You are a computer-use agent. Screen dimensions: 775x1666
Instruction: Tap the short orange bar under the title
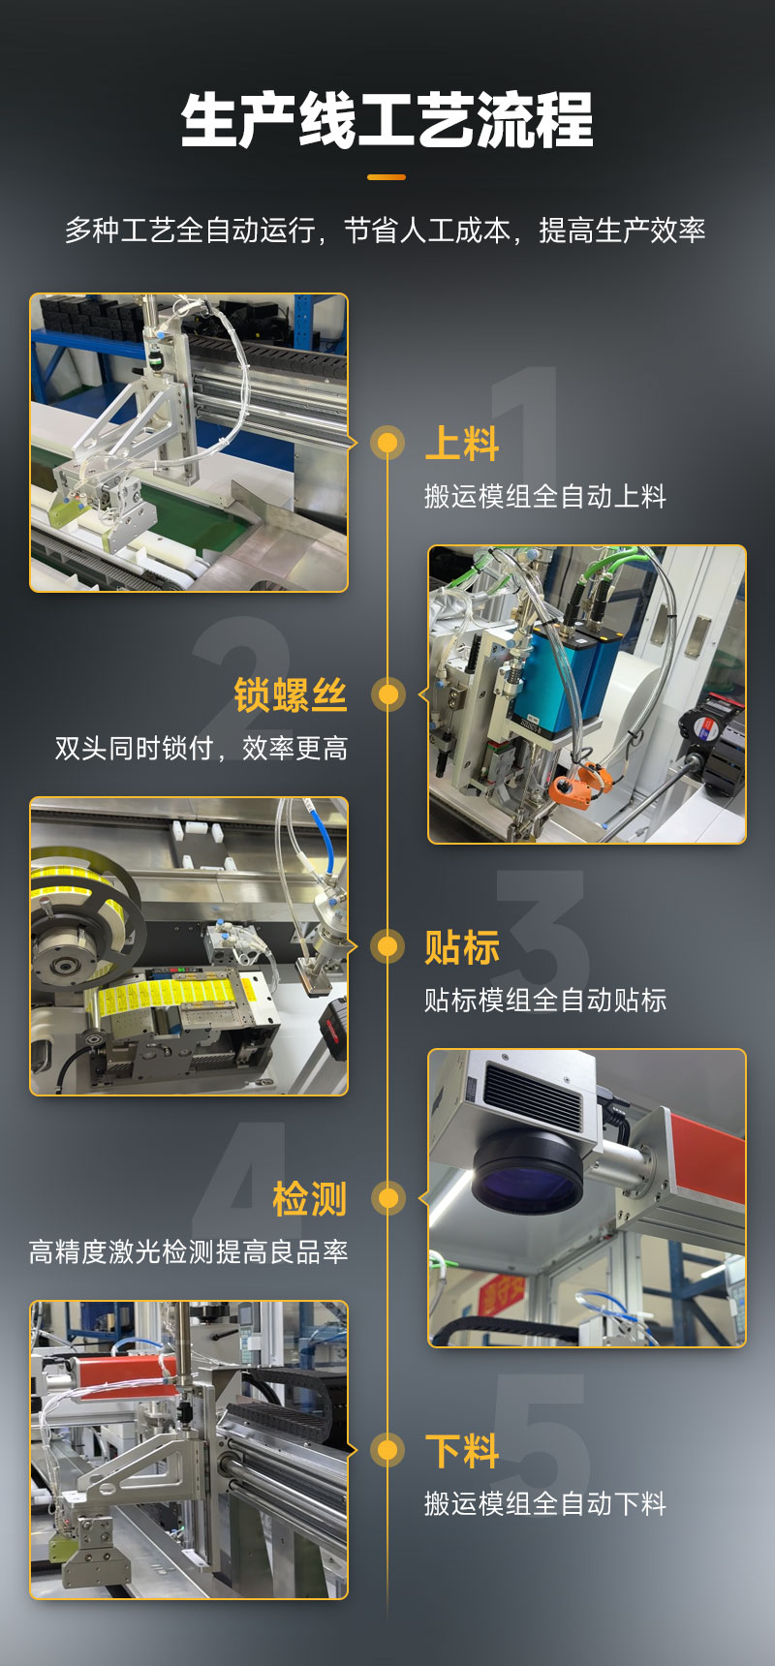(387, 177)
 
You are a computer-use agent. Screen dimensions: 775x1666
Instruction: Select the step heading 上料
(462, 444)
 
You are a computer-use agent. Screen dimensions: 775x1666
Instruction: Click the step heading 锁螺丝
(291, 695)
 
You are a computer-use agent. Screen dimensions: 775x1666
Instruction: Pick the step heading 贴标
(462, 947)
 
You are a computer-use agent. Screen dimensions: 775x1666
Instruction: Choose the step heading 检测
(310, 1199)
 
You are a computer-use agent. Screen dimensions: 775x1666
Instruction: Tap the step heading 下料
(462, 1451)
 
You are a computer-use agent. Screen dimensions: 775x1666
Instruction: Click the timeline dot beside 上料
(387, 443)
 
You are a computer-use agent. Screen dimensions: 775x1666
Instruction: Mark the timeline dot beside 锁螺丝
(387, 694)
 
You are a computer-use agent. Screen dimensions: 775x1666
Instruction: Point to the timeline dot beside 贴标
(387, 946)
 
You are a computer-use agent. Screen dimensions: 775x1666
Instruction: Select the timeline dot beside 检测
(387, 1198)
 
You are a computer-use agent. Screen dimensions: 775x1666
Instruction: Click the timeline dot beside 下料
(387, 1450)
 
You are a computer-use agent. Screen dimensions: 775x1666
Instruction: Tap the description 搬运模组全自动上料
(545, 496)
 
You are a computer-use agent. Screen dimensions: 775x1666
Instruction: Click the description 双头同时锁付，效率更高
(201, 748)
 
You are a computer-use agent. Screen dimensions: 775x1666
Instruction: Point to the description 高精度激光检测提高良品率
(189, 1251)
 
